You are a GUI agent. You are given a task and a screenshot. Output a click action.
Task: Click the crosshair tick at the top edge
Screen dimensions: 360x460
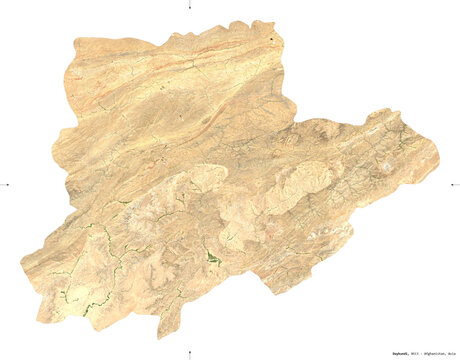click(191, 6)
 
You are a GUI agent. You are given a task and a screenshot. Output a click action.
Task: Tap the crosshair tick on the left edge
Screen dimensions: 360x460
click(6, 184)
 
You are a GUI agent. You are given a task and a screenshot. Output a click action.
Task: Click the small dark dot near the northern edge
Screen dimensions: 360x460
click(273, 40)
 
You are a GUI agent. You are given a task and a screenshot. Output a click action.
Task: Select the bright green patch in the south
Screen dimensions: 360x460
click(213, 259)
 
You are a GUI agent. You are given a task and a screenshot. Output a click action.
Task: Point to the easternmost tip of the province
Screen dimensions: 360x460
click(438, 155)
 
